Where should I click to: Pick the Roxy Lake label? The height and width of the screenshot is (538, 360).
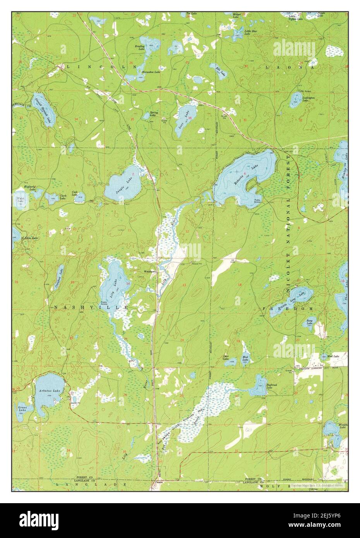click(310, 322)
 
